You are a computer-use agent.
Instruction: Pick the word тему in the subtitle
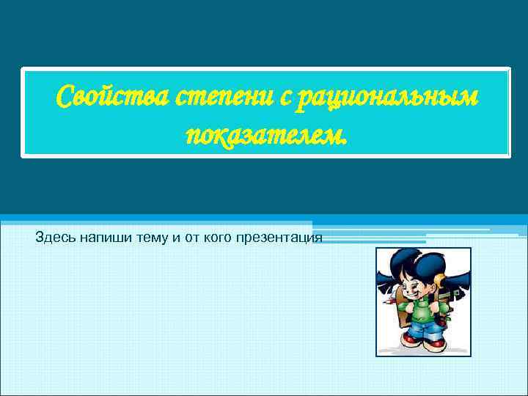point(150,238)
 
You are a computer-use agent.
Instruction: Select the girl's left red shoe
point(408,340)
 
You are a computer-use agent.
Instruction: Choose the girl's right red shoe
point(436,342)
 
